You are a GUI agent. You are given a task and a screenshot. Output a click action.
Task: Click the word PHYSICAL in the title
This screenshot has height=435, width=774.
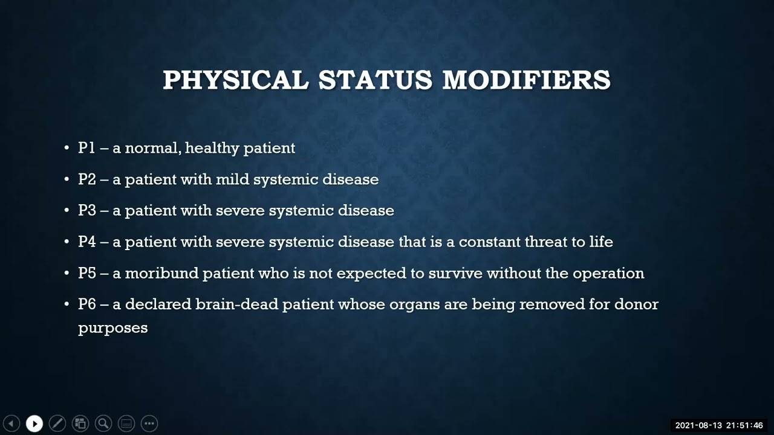pyautogui.click(x=236, y=80)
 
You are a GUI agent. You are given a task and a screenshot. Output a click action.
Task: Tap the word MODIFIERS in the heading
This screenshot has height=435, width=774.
pyautogui.click(x=527, y=80)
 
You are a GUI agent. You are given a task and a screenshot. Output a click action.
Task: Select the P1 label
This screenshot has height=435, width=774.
pyautogui.click(x=86, y=148)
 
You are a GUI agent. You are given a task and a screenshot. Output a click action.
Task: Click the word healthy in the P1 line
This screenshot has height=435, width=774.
pyautogui.click(x=212, y=148)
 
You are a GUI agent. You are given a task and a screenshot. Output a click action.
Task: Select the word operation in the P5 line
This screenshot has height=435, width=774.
pyautogui.click(x=608, y=274)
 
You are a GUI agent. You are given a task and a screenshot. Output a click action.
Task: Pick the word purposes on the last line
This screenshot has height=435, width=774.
pyautogui.click(x=113, y=328)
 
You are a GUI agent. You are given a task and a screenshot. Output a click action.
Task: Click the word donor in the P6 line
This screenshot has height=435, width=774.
pyautogui.click(x=636, y=304)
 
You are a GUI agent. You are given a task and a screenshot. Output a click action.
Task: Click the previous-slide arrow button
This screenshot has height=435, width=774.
pyautogui.click(x=11, y=424)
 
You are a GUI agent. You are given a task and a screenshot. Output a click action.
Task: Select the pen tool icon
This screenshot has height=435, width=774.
pyautogui.click(x=57, y=424)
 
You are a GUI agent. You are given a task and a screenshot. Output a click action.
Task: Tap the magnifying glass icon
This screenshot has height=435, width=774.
pyautogui.click(x=103, y=424)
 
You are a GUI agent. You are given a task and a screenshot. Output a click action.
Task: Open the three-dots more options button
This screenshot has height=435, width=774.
pyautogui.click(x=149, y=424)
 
